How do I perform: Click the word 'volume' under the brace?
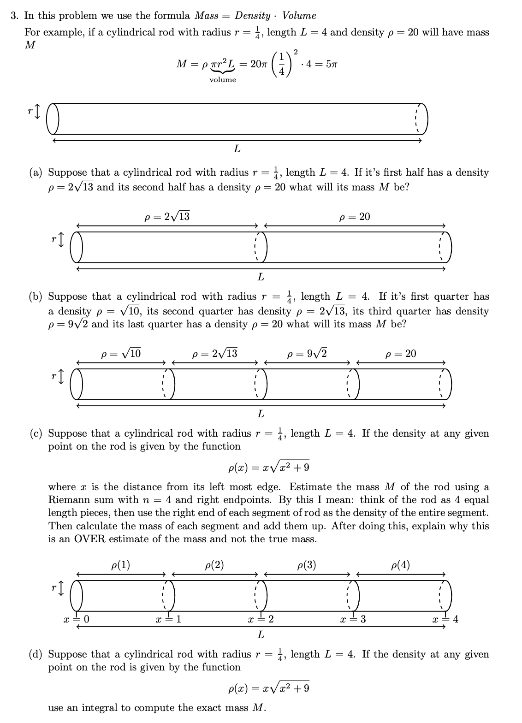222,80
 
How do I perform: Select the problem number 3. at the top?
15,16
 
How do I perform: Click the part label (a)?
36,172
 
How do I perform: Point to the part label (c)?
36,433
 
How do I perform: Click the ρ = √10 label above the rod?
121,354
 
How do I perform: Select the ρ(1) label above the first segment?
121,565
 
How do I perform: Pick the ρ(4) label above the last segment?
400,565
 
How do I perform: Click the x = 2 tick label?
261,619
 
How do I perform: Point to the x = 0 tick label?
77,619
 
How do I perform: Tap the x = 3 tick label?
353,619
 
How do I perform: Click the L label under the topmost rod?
237,149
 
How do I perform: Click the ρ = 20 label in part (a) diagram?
354,217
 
